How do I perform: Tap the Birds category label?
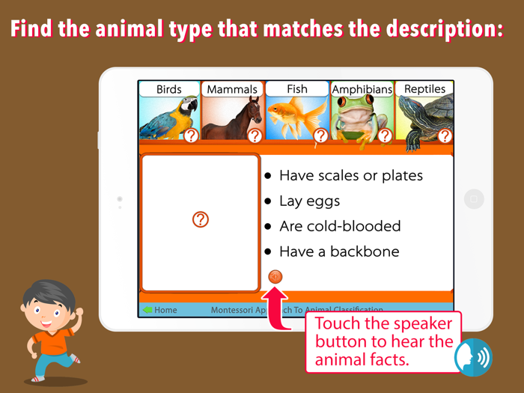pos(169,89)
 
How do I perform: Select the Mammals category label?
pos(232,89)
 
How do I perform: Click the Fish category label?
pos(297,89)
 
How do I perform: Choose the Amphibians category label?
pos(362,89)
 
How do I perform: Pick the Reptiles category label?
pos(424,89)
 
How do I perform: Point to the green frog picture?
pos(359,118)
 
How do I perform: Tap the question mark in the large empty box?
pos(201,219)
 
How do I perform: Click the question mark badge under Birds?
pos(192,135)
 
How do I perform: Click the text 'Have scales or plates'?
pos(351,175)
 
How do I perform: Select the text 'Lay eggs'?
pos(309,201)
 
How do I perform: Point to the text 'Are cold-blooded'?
pos(340,226)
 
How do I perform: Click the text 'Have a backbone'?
pos(339,252)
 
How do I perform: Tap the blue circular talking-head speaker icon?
pos(473,357)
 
